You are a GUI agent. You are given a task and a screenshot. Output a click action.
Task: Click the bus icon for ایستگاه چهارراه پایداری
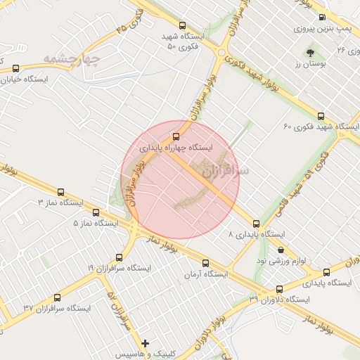[176, 136]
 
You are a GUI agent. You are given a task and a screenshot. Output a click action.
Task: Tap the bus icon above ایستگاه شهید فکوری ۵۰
[183, 23]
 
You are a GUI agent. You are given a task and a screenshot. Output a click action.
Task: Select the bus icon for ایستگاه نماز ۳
[60, 191]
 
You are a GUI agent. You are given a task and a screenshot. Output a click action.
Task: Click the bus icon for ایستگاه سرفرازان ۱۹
[120, 257]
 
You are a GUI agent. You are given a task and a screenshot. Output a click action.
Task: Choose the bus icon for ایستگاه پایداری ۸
[256, 224]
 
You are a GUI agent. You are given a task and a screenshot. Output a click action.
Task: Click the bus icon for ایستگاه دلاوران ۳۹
[280, 288]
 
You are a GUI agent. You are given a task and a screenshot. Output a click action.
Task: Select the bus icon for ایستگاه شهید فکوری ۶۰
[321, 116]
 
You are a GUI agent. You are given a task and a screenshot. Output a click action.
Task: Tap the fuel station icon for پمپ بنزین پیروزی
[322, 18]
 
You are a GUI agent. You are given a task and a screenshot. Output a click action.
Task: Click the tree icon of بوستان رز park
[310, 52]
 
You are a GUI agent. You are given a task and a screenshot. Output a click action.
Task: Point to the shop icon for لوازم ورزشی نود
[281, 249]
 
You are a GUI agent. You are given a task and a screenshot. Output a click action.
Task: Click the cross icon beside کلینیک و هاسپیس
[146, 344]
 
